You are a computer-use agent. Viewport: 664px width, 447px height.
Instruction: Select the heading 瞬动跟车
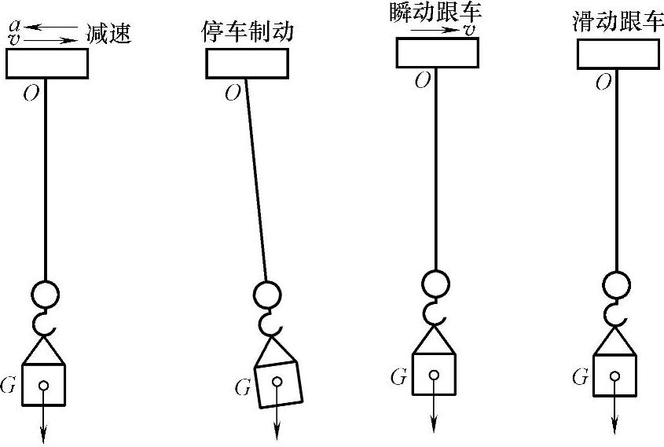[x=436, y=14]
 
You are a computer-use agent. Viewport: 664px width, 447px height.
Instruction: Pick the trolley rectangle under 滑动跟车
[x=618, y=53]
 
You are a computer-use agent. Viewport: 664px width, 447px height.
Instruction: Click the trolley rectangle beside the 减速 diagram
[x=46, y=63]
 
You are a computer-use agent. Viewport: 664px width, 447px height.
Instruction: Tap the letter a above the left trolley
[x=13, y=24]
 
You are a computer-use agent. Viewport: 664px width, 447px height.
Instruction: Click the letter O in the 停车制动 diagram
[x=233, y=93]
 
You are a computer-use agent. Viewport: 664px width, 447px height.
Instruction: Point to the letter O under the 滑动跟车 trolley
[x=603, y=82]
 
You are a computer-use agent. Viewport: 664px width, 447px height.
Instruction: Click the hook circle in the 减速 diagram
[x=45, y=294]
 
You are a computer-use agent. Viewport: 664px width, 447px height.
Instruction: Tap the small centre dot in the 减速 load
[x=43, y=385]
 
